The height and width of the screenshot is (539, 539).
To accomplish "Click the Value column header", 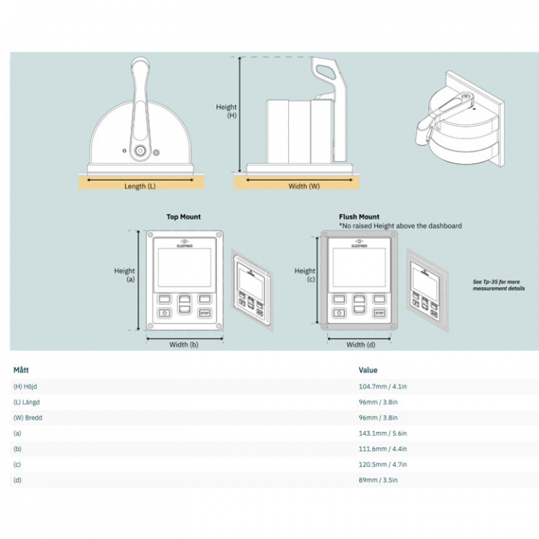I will coord(368,370).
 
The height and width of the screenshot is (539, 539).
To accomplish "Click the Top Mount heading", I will coord(183,217).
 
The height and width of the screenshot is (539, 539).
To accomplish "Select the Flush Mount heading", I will coord(359,217).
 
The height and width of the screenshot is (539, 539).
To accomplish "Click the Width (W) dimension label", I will coord(304,186).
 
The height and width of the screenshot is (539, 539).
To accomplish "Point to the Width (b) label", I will coord(184,345).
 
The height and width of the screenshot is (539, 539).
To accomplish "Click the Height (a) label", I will coord(124,275).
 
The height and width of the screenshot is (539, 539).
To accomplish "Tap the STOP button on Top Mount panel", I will coord(204,312).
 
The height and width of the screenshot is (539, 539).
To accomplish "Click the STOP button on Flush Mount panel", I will coord(379,312).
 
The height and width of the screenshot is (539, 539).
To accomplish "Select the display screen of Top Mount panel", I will coord(184,267).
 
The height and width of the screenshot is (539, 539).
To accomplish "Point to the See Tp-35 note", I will coord(499,285).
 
